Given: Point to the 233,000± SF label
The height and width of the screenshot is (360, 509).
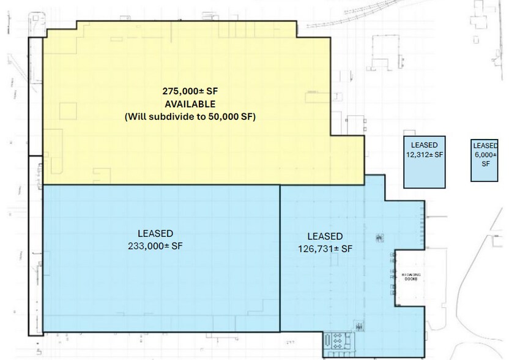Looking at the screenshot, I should pos(155,246).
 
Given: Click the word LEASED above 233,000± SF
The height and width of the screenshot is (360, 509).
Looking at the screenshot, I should pos(155,233).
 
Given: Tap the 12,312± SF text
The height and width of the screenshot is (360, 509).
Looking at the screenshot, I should pos(424,155).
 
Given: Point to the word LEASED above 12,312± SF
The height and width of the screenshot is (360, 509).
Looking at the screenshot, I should pos(424,145).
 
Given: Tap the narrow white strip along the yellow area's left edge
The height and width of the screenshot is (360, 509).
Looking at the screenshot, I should pos(35,95).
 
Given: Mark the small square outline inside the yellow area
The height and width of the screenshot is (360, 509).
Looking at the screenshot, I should pos(67,111).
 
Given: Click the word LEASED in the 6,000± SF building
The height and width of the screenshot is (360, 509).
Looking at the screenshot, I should pos(485,145).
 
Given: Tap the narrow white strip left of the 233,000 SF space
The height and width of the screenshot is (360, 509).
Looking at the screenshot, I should pos(35,245).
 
